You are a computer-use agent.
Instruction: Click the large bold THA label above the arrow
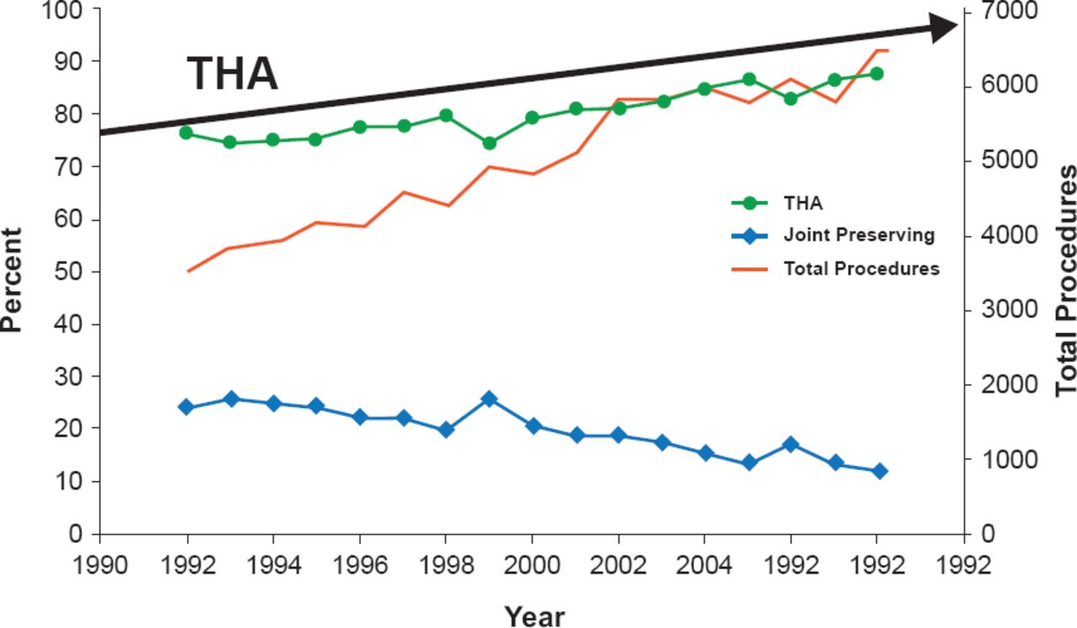(232, 74)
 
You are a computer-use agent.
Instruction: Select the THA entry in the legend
(803, 203)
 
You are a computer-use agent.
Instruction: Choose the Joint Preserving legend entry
(859, 235)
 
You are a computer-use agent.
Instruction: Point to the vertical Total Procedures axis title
(1066, 280)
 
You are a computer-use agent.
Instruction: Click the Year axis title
(535, 616)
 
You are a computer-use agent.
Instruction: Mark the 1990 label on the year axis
(100, 564)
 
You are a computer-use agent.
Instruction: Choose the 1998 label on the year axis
(446, 564)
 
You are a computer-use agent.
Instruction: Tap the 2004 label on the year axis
(705, 564)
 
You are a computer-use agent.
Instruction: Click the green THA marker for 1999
(490, 143)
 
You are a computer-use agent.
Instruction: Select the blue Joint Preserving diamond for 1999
(490, 398)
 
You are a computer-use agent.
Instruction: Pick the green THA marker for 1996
(360, 127)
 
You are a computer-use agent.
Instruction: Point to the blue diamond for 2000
(533, 426)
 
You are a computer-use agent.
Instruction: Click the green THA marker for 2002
(619, 108)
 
